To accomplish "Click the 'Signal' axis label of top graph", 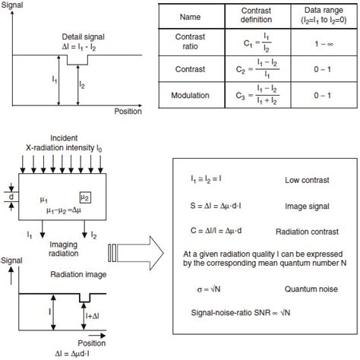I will (x=14, y=5).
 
